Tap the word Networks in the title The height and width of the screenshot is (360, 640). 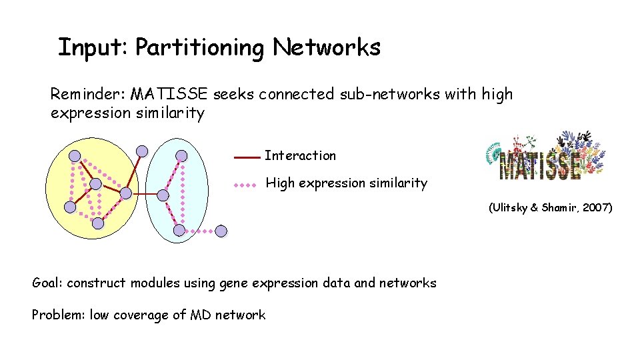coord(327,47)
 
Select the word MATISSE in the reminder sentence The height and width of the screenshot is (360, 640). coord(169,95)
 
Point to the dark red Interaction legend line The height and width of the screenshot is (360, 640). coord(246,158)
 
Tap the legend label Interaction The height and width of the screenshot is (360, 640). coord(300,156)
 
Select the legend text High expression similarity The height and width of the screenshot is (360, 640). coord(346,183)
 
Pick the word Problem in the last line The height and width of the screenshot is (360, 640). coord(57,315)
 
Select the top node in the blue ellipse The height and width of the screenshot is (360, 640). coord(181,155)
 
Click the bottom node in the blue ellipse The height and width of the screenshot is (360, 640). coord(179,230)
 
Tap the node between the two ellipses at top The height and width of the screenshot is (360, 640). coord(141,151)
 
